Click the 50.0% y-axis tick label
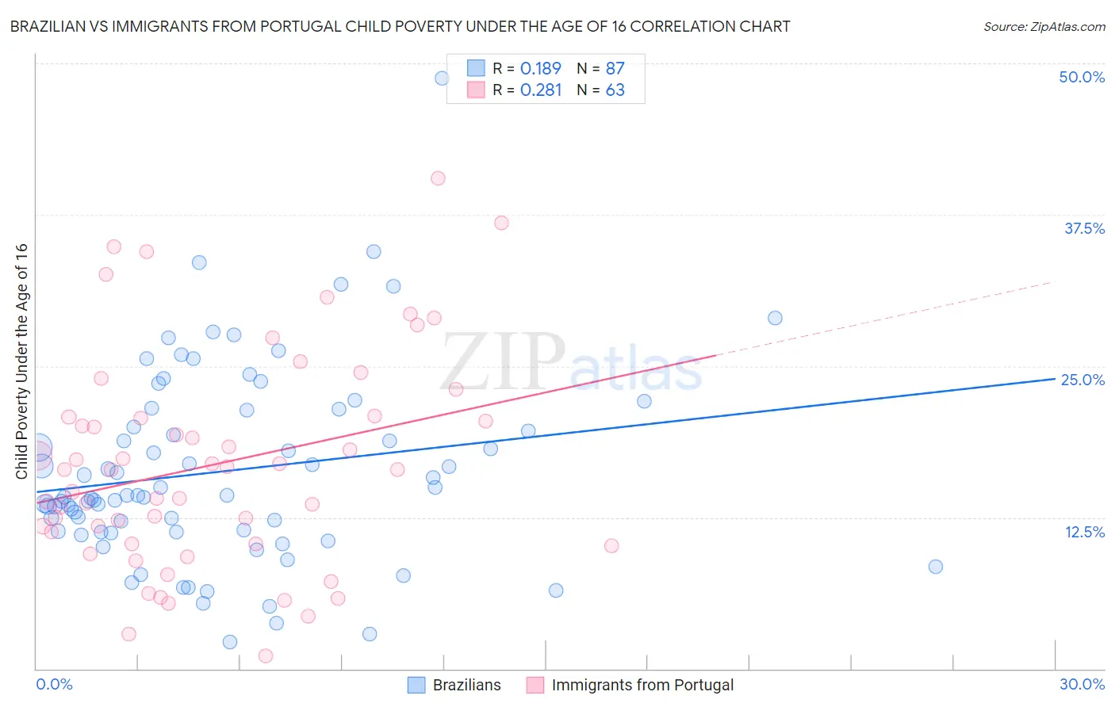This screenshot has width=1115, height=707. pyautogui.click(x=1082, y=77)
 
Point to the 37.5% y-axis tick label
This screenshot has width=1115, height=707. pyautogui.click(x=1084, y=228)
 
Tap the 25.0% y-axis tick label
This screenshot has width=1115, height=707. pyautogui.click(x=1082, y=380)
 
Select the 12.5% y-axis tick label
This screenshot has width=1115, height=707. pyautogui.click(x=1084, y=532)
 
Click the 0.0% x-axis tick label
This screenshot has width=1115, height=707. pyautogui.click(x=54, y=684)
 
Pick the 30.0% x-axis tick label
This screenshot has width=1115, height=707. pyautogui.click(x=1082, y=684)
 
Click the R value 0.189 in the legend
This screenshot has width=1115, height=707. pyautogui.click(x=541, y=69)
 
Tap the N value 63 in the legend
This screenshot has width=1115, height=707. pyautogui.click(x=615, y=90)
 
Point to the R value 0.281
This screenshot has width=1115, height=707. pyautogui.click(x=541, y=90)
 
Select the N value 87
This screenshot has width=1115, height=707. pyautogui.click(x=615, y=69)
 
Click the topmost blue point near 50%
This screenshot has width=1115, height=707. pyautogui.click(x=442, y=78)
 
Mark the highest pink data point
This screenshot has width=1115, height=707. pyautogui.click(x=438, y=178)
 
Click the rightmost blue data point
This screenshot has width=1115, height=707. pyautogui.click(x=936, y=567)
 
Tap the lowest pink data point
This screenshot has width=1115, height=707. pyautogui.click(x=266, y=655)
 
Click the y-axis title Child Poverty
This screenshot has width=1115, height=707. pyautogui.click(x=21, y=361)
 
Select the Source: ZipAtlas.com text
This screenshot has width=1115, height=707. pyautogui.click(x=1044, y=27)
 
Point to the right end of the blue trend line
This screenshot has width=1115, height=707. pyautogui.click(x=1054, y=379)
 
